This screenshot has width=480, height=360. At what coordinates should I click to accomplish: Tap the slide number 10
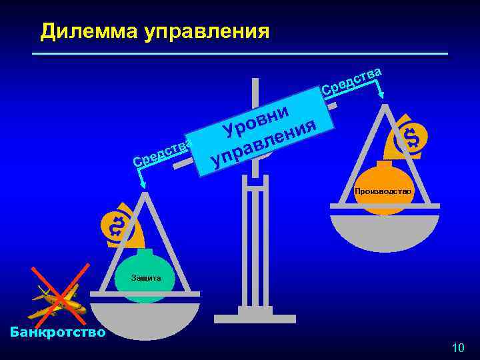457,347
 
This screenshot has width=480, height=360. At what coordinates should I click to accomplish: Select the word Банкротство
54,331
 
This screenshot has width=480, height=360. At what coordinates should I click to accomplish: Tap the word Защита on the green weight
145,277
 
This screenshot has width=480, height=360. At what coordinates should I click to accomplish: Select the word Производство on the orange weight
383,191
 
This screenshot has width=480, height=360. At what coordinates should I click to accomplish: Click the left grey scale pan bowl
145,320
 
